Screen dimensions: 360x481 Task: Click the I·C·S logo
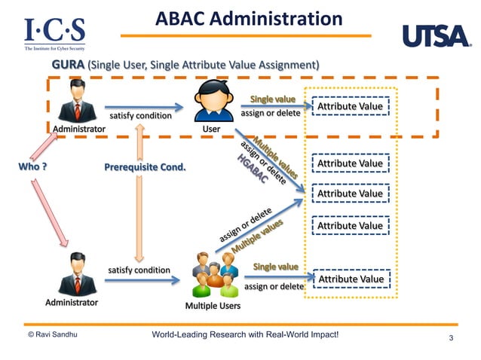pos(54,32)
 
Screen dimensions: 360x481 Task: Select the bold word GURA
pos(68,66)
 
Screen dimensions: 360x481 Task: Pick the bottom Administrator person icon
pos(78,276)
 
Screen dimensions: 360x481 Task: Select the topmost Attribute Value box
pos(350,107)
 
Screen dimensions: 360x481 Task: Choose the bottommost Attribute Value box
pos(350,279)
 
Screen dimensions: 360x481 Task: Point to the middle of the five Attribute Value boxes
pos(350,194)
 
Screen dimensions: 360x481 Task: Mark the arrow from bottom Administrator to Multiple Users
pos(142,281)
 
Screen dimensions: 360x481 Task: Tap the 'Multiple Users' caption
pos(213,306)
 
